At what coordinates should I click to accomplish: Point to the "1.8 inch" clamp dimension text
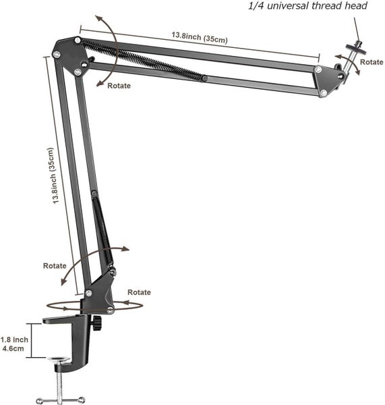[14, 340]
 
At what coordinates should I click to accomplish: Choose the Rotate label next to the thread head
[372, 61]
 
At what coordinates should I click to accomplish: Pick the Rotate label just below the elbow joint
[118, 86]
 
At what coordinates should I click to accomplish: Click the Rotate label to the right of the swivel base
[139, 292]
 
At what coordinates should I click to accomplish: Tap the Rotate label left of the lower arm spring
[55, 265]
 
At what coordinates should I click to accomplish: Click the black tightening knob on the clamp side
[98, 324]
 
